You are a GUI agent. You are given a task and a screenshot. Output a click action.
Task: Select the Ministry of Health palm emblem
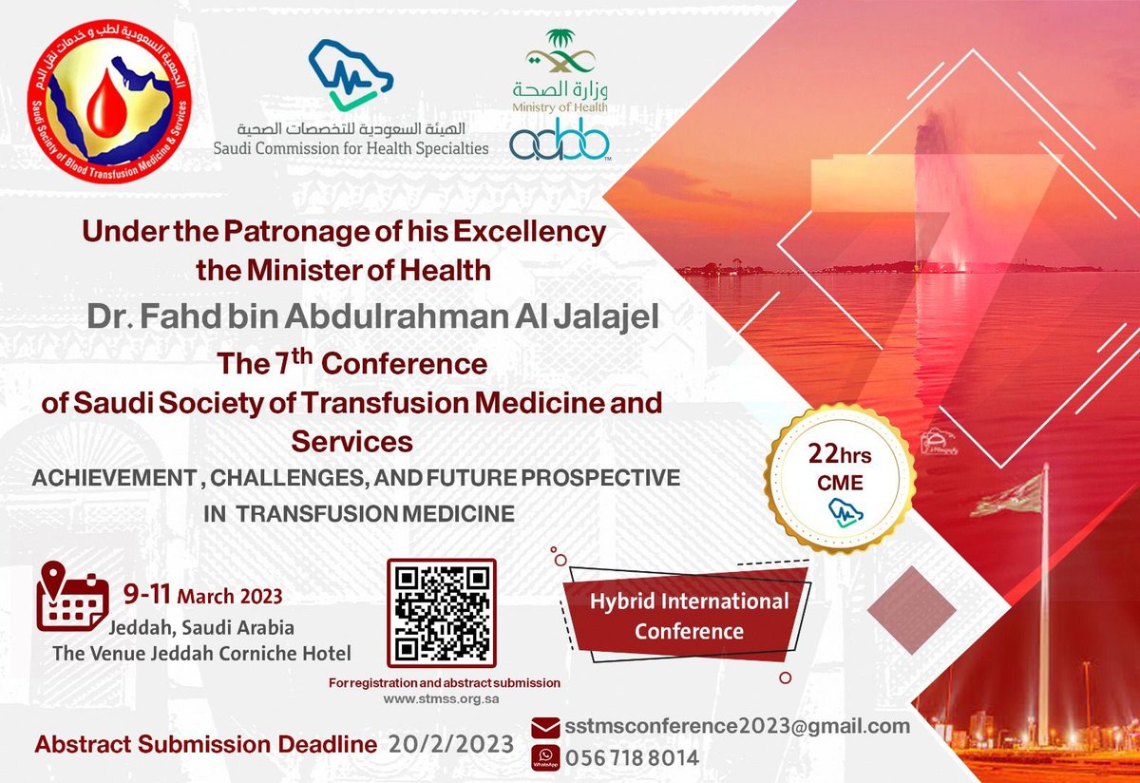tap(560, 52)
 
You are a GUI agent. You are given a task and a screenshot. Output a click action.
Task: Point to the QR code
tap(442, 613)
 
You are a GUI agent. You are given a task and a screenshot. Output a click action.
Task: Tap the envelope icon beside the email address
tap(545, 727)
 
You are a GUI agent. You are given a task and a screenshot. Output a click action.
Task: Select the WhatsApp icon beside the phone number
tap(545, 757)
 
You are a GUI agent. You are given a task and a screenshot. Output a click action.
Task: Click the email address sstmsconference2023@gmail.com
tap(737, 726)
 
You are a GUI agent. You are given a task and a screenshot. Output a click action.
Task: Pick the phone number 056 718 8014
tap(632, 758)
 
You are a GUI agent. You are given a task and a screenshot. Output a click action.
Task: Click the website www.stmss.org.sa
tap(442, 698)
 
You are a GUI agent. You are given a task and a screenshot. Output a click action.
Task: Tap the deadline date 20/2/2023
tap(450, 744)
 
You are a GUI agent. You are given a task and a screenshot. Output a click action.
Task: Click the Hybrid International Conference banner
tap(689, 615)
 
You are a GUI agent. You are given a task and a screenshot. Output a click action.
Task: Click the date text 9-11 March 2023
tap(202, 597)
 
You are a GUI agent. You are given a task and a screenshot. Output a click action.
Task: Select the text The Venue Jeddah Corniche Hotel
tap(201, 653)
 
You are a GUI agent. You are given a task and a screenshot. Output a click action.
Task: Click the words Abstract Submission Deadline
tap(205, 745)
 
